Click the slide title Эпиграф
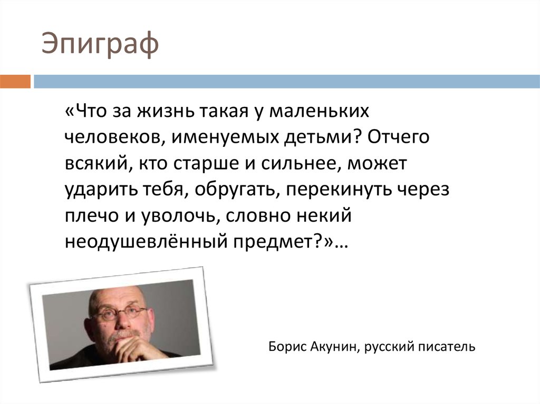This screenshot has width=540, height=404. coord(100,45)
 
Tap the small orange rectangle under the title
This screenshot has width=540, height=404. coord(15,82)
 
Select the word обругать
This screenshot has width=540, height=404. coord(235,189)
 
